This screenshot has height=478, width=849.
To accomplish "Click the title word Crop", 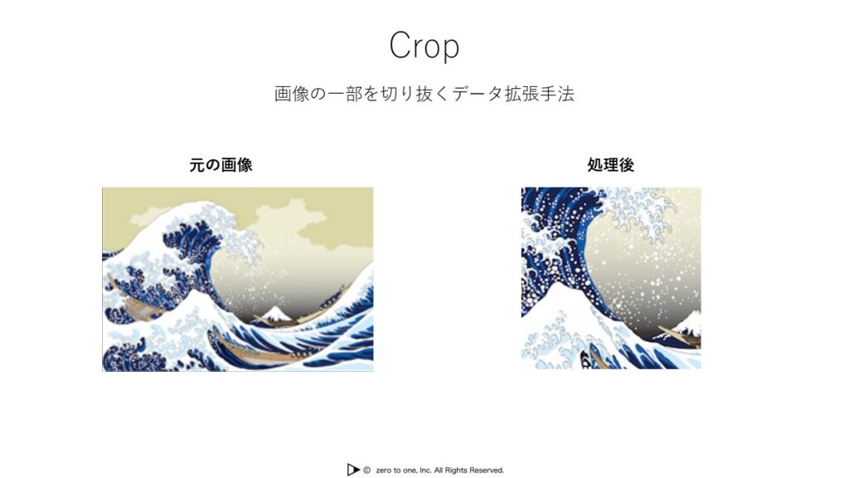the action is tap(424, 46).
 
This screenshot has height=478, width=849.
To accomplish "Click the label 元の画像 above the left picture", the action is tap(221, 165).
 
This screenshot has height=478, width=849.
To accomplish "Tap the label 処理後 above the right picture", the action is tap(611, 165).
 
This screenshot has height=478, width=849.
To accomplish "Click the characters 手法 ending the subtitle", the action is tap(557, 94).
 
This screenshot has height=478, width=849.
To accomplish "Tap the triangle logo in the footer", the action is tap(353, 470).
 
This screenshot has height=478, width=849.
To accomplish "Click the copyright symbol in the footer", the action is tap(366, 470).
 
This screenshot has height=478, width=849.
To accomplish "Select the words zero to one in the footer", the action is tap(396, 470).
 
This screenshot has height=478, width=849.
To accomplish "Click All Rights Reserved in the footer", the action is tap(469, 470).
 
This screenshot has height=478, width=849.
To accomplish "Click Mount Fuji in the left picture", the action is tap(274, 314).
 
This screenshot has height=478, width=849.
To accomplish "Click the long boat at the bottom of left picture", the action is tap(265, 351).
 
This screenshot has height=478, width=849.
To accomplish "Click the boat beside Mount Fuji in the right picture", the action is tap(679, 337).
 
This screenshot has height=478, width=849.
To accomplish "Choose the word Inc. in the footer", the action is tap(425, 470).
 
